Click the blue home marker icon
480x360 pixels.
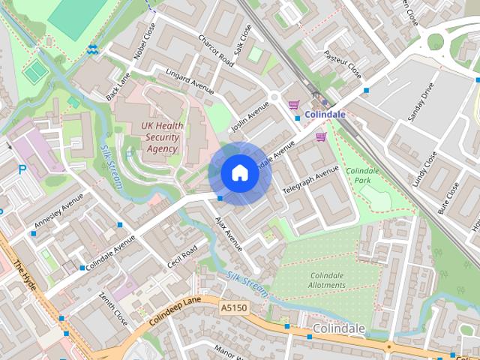tap(239, 173)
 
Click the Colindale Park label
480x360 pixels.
tap(363, 175)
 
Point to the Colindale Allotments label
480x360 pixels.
tap(328, 280)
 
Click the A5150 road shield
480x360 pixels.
tap(234, 308)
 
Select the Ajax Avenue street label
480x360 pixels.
tap(229, 233)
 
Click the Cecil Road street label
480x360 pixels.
tap(182, 258)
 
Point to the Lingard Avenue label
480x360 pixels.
tap(190, 80)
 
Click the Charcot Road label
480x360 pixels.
tap(216, 50)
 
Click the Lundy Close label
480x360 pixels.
tap(424, 169)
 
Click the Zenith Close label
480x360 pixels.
tap(113, 308)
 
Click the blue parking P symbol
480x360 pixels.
tap(22, 170)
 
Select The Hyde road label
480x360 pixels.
tap(25, 277)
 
